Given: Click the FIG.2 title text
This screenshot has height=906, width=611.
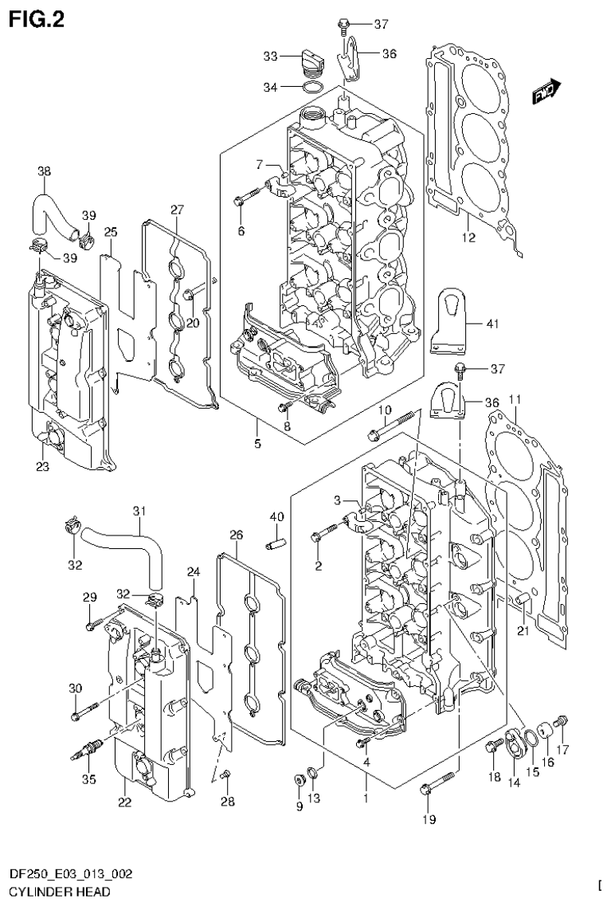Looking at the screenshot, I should [36, 19].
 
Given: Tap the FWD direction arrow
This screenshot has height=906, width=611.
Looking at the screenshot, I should [546, 94].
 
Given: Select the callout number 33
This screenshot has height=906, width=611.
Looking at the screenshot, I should [271, 56].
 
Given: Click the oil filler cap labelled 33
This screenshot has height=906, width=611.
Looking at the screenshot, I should [312, 60].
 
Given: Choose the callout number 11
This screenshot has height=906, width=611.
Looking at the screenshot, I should [515, 398].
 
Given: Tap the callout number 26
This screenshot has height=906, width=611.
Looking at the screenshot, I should [236, 534].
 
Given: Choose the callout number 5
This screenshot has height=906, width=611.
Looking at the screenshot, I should [257, 444].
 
